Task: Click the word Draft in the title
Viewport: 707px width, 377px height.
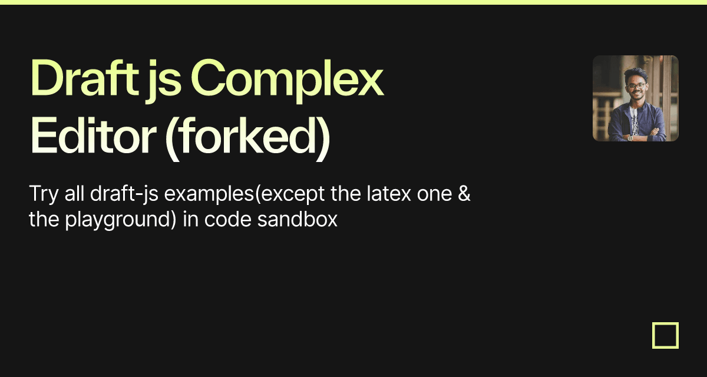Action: coord(85,78)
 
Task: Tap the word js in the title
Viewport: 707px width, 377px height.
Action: coord(163,81)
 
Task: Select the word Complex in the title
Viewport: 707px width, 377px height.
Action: coord(287,81)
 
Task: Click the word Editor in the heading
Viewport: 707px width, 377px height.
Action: coord(93,135)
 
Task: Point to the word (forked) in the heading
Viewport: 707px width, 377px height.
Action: coord(247,138)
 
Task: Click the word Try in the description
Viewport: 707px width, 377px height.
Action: coord(44,194)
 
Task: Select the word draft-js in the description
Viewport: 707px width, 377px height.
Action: coord(124,194)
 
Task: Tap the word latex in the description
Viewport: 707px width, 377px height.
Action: coord(389,193)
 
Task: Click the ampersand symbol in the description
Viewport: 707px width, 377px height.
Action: coord(464,193)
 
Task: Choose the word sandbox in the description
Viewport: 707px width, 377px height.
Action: coord(298,219)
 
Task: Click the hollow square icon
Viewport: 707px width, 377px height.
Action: coord(666,323)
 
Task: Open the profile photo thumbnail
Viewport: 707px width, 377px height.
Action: coord(636,98)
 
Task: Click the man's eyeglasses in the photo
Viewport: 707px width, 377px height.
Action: coord(637,86)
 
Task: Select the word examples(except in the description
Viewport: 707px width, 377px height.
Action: coord(245,194)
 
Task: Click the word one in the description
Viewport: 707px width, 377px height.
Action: coord(434,194)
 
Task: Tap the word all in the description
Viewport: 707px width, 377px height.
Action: coord(74,193)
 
